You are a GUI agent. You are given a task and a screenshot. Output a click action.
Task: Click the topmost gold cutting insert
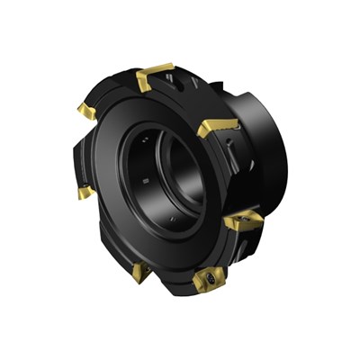click(155, 74)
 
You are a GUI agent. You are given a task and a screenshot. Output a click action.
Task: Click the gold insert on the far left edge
click(85, 191)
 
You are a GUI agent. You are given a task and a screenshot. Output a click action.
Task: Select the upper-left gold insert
click(87, 111)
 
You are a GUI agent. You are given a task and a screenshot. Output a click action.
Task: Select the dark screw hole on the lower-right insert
click(243, 221)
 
